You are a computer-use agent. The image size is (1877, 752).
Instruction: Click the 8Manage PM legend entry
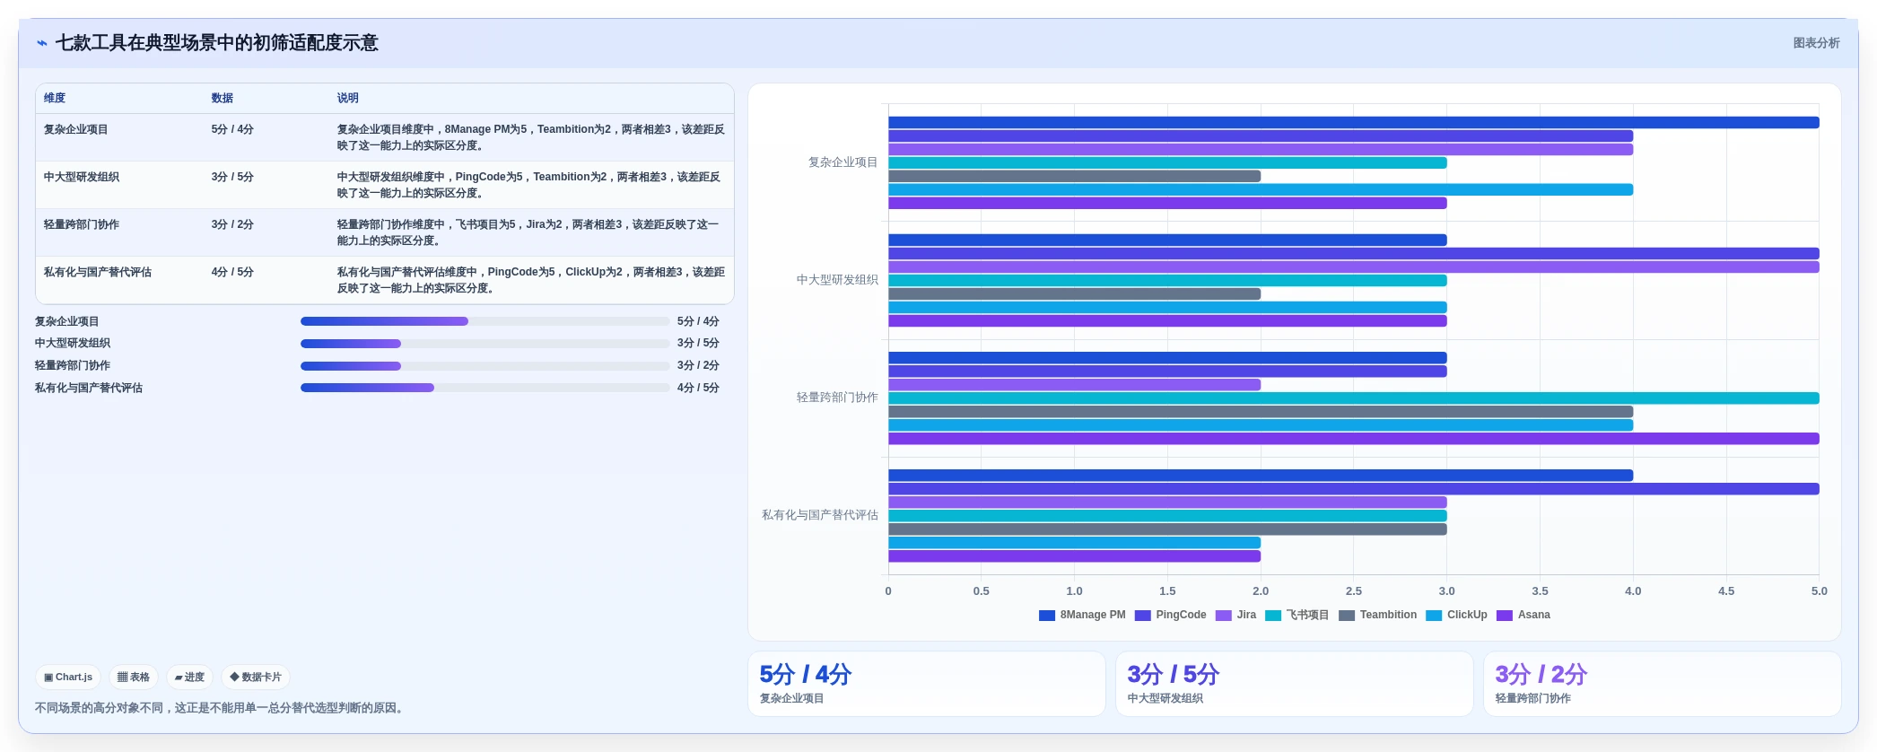(1082, 615)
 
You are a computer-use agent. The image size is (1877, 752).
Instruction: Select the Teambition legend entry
(1378, 615)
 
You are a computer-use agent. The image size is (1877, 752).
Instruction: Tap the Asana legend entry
(1523, 615)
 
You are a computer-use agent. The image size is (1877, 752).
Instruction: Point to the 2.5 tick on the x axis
(1354, 591)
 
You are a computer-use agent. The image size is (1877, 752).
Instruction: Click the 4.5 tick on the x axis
(1726, 591)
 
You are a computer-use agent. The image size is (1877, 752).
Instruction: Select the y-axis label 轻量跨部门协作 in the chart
(837, 398)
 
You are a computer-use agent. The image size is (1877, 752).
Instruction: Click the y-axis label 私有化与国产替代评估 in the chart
(820, 515)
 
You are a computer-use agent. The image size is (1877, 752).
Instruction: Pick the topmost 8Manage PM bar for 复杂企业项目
(1354, 122)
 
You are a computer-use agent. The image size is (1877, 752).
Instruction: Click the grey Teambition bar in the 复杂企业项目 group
(1075, 176)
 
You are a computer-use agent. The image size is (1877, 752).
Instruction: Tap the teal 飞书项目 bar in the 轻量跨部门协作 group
(1354, 398)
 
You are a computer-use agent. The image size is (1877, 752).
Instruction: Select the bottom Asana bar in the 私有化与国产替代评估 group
(1075, 556)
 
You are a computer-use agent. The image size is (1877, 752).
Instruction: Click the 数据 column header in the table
(223, 98)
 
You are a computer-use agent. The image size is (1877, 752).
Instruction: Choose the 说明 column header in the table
(348, 98)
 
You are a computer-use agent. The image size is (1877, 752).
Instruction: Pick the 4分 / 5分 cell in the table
(232, 272)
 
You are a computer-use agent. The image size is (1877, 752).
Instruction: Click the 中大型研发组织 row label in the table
(82, 177)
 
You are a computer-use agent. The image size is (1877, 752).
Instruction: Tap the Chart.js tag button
(68, 678)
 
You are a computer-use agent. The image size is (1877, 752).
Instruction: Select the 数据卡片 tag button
(256, 678)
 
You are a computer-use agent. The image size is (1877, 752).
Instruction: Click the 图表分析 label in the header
(1817, 43)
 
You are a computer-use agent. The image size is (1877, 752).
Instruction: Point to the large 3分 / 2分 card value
(1541, 675)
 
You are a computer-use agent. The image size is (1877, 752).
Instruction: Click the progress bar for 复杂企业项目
(485, 321)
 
